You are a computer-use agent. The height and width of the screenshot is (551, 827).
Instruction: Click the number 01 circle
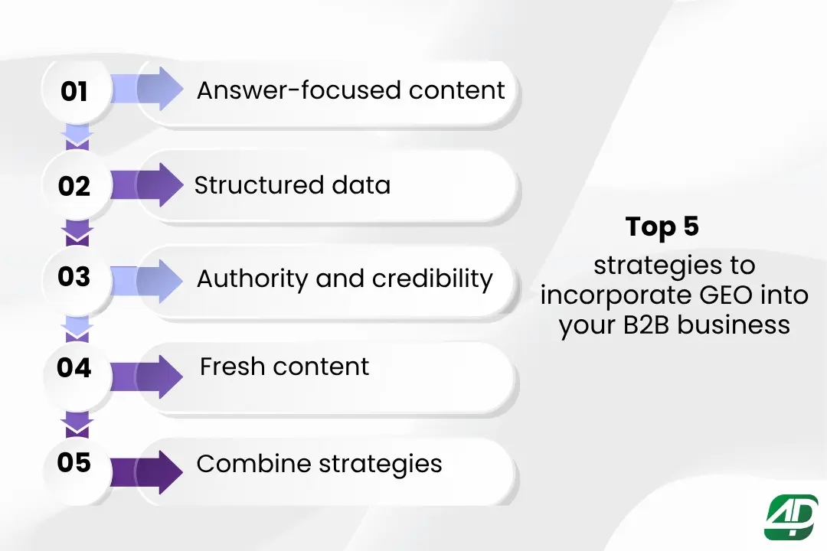coord(74,92)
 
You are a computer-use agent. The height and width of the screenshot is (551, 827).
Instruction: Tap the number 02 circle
coord(74,186)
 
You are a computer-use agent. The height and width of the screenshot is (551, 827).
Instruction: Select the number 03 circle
coord(74,277)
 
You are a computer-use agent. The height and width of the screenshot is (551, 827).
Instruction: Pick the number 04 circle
coord(74,368)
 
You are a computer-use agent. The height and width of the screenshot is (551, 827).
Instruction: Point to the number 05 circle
coord(74,462)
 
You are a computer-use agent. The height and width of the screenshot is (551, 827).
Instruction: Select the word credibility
coord(432,279)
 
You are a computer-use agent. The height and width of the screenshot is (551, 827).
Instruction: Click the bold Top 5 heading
coord(662,227)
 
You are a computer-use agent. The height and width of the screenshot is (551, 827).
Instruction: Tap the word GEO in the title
coord(717,295)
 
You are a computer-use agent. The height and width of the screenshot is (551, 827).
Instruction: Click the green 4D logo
coord(791,517)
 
